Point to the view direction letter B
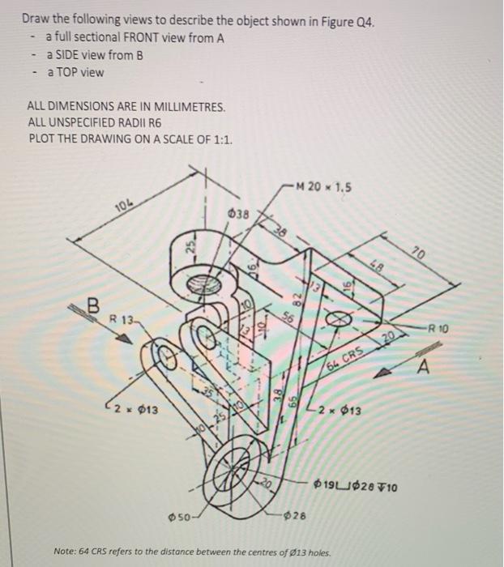[93, 306]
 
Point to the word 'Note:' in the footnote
[66, 552]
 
